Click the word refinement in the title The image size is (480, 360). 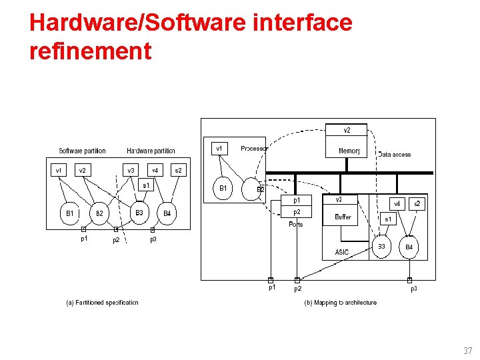coord(91,51)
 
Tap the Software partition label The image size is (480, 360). coord(82,151)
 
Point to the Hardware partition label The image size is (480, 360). coord(151,151)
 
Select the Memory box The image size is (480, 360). coord(349,151)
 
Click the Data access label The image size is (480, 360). coord(394,155)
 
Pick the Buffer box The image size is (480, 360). coord(343,217)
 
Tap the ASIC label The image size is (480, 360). coord(342,252)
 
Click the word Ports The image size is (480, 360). coord(296,225)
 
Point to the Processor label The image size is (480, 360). coord(254,148)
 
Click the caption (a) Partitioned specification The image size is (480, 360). coord(102,303)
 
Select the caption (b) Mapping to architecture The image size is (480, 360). coord(340,303)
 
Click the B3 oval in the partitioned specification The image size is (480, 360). coord(139,213)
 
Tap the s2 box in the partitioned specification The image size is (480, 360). coord(178,171)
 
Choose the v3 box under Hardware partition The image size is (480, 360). coord(131,171)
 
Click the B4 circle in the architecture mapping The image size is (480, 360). coord(409,247)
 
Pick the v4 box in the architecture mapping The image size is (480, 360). coord(397,204)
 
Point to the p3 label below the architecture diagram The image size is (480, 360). coord(413,289)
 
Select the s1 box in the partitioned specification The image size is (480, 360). coord(146,185)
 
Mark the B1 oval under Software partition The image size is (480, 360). coord(69,213)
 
